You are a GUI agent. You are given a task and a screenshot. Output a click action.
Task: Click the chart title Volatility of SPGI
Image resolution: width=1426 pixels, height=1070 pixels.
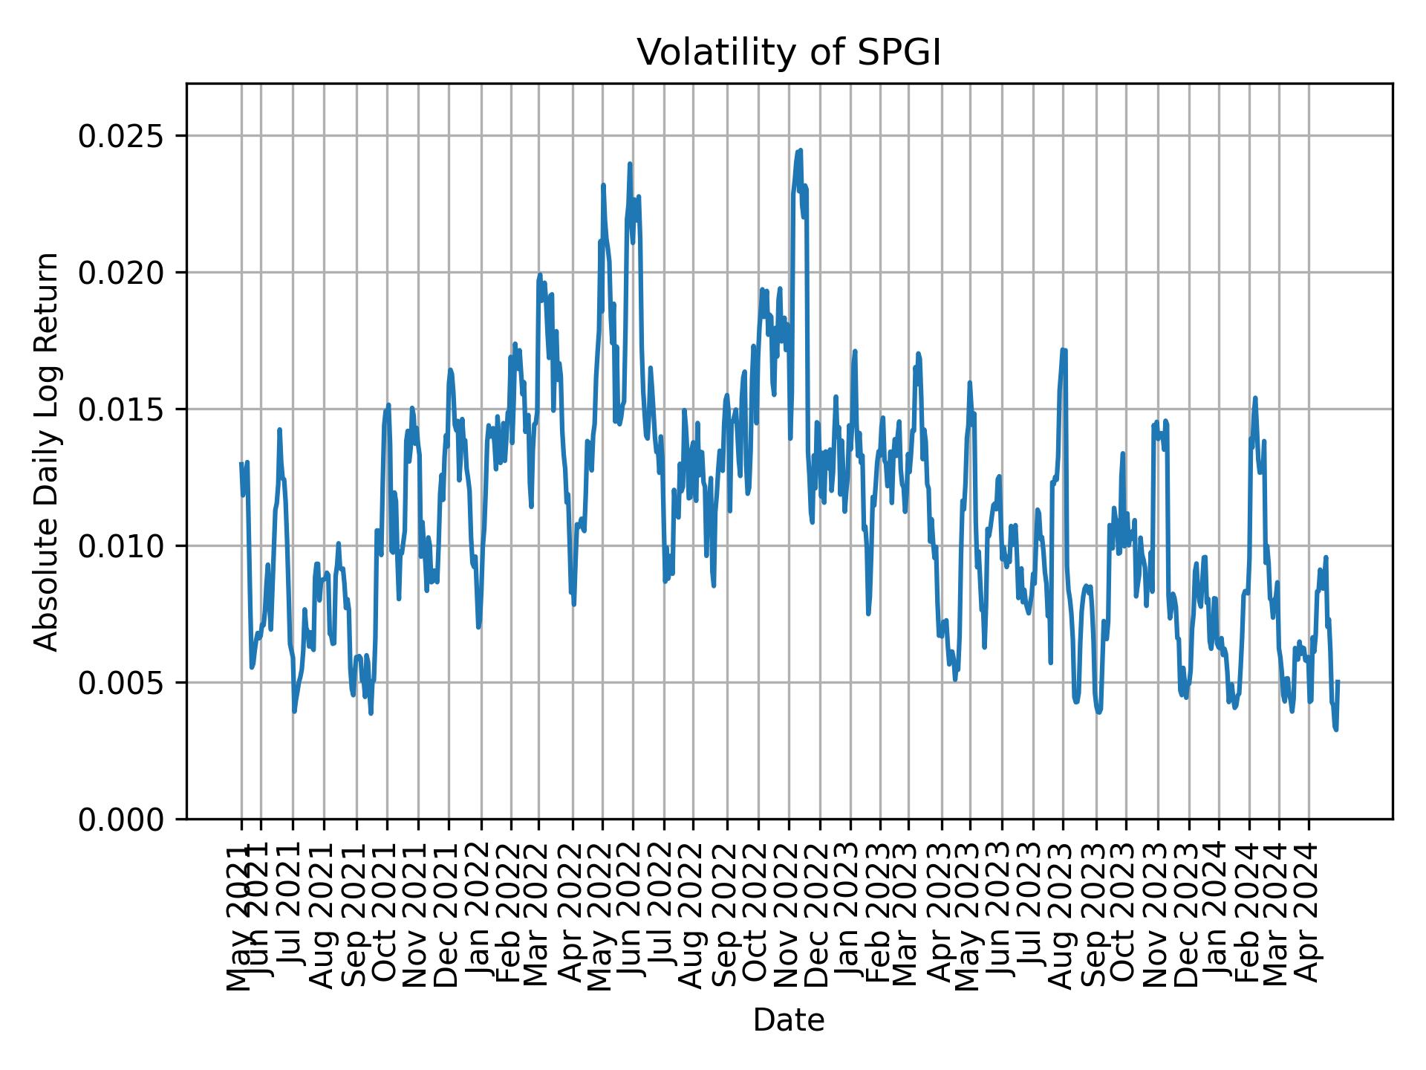(x=789, y=53)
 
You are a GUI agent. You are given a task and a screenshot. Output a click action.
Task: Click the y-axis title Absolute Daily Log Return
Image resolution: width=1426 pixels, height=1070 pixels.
(x=48, y=451)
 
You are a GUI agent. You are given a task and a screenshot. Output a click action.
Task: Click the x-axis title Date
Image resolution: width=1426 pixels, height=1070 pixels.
(x=789, y=1020)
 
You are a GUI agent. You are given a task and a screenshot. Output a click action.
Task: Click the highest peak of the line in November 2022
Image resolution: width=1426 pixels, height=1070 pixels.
(x=800, y=151)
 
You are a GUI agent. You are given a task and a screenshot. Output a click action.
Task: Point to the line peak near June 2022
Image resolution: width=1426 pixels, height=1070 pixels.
(x=630, y=164)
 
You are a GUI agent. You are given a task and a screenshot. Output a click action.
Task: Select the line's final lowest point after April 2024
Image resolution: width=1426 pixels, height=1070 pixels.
(x=1336, y=730)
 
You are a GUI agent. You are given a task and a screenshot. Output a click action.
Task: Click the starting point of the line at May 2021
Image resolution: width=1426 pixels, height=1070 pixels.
(x=241, y=464)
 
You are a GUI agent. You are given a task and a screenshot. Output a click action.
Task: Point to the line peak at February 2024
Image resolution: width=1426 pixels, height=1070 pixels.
(x=1255, y=398)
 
